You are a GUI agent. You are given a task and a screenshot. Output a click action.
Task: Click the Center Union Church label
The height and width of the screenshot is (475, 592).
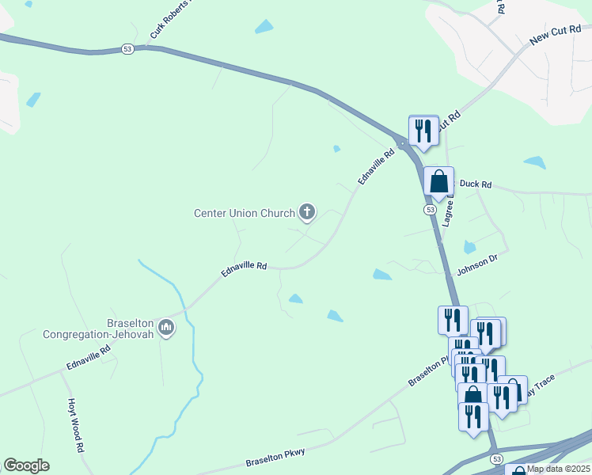point(244,213)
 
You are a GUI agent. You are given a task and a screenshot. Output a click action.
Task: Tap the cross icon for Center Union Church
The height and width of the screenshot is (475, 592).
point(307,212)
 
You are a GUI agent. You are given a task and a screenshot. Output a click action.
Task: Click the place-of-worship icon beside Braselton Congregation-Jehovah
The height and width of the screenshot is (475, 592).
point(165,327)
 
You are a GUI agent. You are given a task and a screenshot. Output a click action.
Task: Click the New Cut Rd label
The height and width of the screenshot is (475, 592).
point(555,34)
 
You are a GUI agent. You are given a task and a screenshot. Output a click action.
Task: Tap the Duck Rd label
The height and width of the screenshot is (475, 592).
point(476,184)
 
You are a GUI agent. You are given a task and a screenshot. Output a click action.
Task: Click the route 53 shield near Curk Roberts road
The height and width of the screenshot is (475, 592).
point(128,48)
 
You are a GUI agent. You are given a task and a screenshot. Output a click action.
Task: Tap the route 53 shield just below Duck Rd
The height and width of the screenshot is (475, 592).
point(429,210)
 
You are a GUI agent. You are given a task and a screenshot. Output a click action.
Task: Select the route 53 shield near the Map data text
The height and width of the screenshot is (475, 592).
point(496,459)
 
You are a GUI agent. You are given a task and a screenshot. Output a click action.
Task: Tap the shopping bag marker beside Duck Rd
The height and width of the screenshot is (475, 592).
point(438,181)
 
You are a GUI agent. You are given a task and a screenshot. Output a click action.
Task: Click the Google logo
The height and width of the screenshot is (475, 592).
point(26,465)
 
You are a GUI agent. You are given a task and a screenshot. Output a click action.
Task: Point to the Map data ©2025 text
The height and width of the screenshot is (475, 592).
point(559,469)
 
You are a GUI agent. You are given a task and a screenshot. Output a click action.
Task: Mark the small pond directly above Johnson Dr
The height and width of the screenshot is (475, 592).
point(469,246)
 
